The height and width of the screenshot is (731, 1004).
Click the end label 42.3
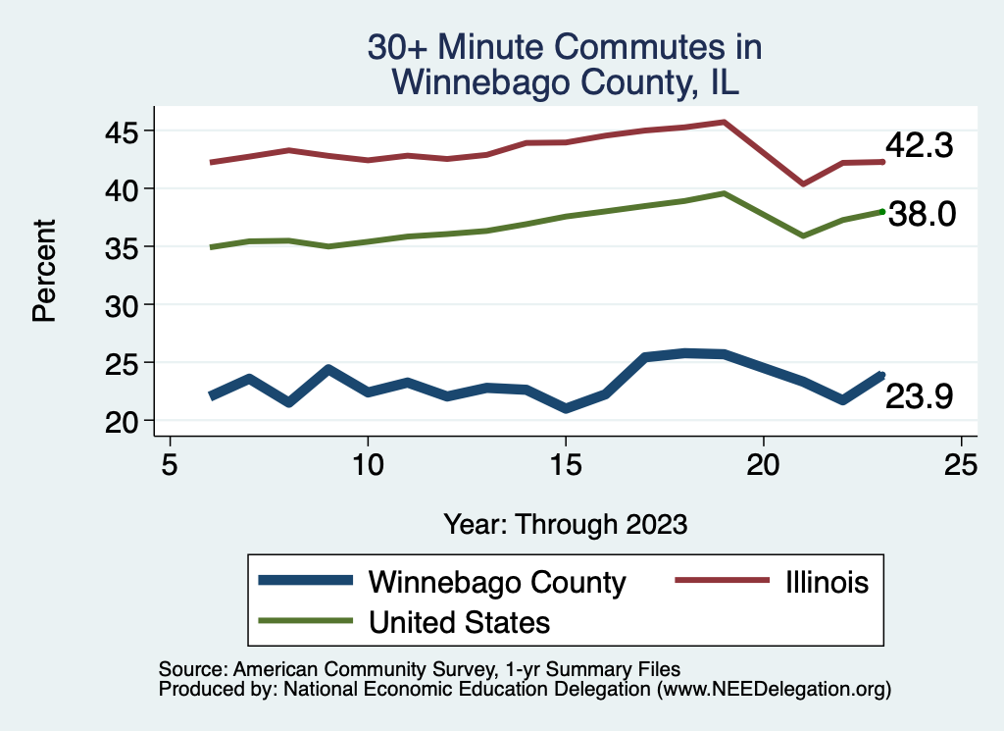point(919,146)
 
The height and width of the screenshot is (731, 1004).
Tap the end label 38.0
point(921,214)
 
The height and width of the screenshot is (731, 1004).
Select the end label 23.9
point(919,396)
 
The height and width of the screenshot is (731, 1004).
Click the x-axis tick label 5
point(170,464)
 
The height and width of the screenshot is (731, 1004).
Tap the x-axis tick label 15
point(565,464)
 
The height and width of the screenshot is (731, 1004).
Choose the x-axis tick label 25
point(961,464)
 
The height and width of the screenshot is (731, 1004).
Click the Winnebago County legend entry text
point(497,582)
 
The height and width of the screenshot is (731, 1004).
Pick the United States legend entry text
point(459,622)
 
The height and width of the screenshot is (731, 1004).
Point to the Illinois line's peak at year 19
point(724,122)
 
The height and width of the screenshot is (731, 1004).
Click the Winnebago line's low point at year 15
point(565,408)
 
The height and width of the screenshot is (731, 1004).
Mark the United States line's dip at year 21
point(803,235)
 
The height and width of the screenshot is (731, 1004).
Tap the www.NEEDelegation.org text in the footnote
point(774,689)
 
